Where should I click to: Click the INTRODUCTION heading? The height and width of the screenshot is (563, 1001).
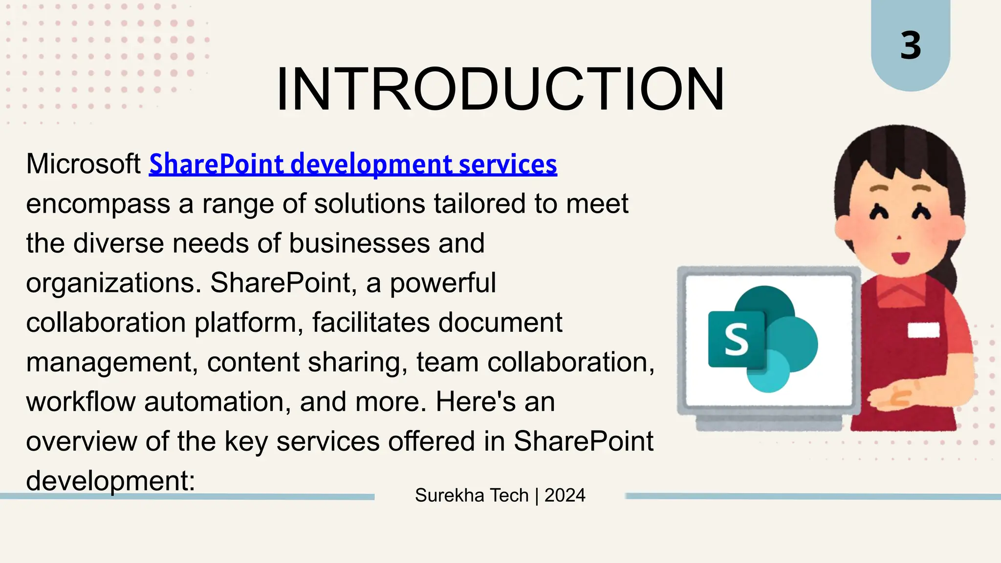(500, 89)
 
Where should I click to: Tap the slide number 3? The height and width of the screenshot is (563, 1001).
(911, 46)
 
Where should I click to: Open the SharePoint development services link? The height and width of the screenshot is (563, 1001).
(353, 164)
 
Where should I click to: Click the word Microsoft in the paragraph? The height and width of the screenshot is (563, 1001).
(83, 164)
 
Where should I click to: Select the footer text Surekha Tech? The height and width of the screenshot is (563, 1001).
(472, 496)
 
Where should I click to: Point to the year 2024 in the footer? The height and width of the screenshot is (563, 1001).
(565, 496)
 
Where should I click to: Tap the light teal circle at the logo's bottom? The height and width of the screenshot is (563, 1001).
(769, 371)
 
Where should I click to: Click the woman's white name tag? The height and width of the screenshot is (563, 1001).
(923, 330)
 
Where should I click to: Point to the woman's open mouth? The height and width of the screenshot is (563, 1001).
(900, 257)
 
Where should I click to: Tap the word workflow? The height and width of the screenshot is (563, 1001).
(81, 402)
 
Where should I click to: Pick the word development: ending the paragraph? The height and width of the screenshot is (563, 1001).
(110, 481)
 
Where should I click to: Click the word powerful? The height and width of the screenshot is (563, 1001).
(442, 283)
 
